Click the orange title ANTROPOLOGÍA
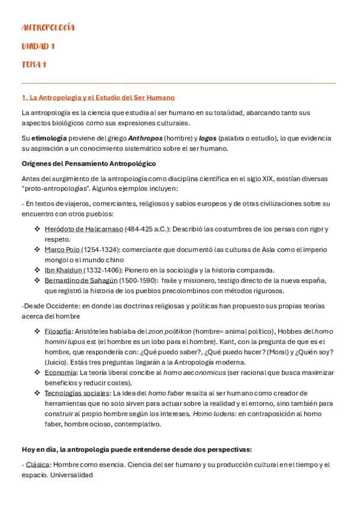48,28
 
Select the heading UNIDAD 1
38,46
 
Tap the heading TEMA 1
34,64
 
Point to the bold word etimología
49,138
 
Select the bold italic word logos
207,138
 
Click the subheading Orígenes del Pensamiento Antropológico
88,164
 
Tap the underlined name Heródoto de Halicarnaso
84,229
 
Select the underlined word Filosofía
58,331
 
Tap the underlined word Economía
59,373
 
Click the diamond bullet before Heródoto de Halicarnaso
37,229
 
